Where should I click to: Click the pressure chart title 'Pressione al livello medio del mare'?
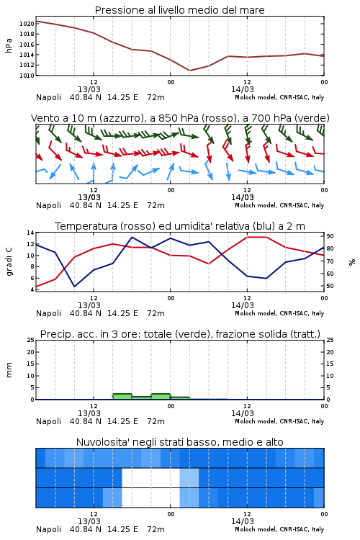pos(179,10)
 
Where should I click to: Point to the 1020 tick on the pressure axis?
pos(27,24)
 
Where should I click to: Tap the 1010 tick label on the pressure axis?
pos(27,76)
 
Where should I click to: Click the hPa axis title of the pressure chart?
pos(9,45)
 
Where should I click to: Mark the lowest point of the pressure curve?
pos(189,71)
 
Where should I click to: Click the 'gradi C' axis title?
pos(9,261)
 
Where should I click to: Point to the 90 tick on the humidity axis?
pos(330,236)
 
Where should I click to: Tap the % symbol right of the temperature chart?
pos(352,262)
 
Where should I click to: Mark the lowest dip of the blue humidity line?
pos(74,286)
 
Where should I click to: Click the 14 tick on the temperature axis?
pos(30,233)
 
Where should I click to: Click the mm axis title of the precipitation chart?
pos(9,369)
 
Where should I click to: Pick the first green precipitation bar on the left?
pos(122,397)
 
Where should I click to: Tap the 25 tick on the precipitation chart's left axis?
pos(30,340)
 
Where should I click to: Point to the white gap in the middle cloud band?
pos(151,477)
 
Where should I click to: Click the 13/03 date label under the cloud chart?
pos(89,521)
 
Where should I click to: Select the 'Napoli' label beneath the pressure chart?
pos(48,97)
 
